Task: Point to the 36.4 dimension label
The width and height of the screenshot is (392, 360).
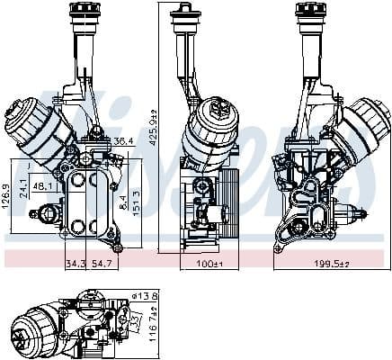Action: click(125, 140)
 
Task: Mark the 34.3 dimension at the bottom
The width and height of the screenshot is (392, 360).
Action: click(76, 263)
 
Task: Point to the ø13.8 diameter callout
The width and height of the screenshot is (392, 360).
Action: click(146, 296)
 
